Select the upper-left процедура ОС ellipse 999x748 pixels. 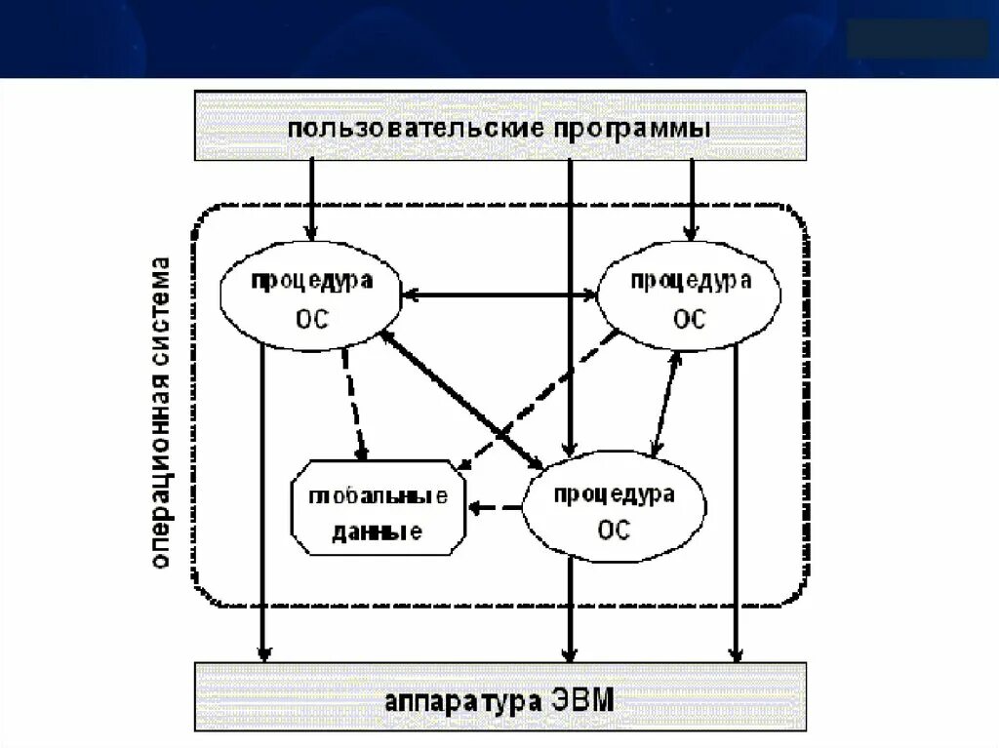coord(311,298)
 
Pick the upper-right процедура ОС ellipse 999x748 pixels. coord(690,298)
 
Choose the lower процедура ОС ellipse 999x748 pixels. coord(614,511)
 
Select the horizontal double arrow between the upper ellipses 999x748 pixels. coord(499,294)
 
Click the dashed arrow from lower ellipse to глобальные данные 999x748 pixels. coord(496,508)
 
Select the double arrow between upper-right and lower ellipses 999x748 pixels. coord(666,404)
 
